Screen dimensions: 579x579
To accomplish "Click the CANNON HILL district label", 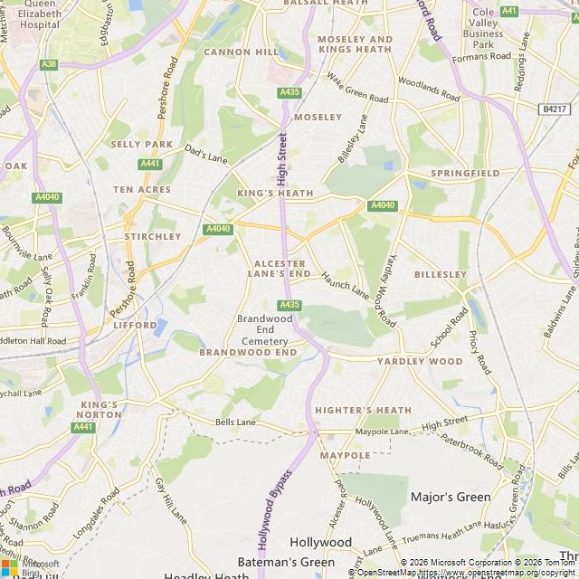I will pos(241,52).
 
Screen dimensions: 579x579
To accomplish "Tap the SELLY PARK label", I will pos(141,144).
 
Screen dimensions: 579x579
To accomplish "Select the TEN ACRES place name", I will pos(141,189).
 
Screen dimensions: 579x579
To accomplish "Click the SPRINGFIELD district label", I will pos(465,173).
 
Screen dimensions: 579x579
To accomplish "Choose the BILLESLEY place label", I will pos(441,273).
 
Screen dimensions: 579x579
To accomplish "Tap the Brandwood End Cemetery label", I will pos(264,329).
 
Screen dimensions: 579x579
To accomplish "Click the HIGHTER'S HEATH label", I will pos(363,410).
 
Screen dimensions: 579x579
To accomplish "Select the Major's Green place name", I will pos(451,497).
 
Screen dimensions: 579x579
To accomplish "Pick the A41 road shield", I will pos(509,11).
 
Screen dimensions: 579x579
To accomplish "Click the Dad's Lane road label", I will pos(206,154).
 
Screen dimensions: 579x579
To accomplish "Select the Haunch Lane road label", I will pos(346,283).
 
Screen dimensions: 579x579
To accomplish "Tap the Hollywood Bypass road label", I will pos(274,509).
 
